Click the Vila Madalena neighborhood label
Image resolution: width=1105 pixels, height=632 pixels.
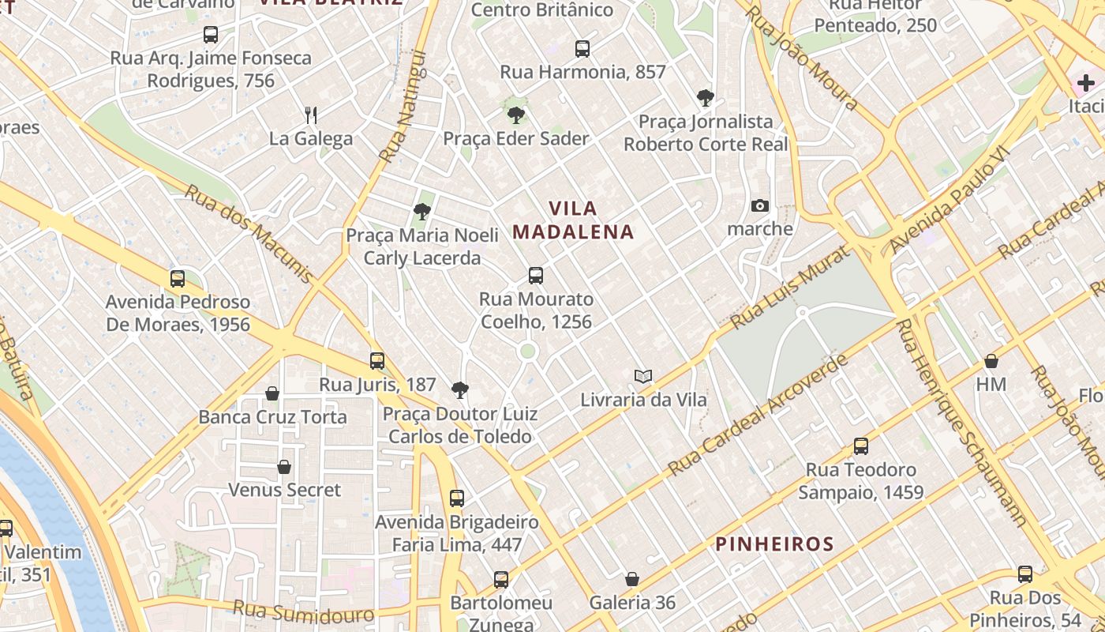(573, 220)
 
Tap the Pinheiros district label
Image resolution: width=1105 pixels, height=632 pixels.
(774, 544)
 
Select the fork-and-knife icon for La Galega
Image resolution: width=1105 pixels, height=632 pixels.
(311, 115)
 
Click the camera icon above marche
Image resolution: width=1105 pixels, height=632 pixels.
(759, 205)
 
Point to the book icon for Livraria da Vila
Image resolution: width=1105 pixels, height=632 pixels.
(644, 377)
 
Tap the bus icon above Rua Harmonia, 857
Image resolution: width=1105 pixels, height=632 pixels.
(582, 49)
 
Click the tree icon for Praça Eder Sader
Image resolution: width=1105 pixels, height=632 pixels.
(516, 115)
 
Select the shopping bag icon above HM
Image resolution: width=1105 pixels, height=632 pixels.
(991, 361)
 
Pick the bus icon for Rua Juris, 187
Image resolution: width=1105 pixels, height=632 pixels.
(377, 361)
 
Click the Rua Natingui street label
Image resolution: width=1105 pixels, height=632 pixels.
(403, 107)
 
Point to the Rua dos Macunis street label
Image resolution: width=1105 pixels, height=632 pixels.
(249, 234)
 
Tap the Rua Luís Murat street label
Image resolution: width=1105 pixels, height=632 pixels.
(791, 288)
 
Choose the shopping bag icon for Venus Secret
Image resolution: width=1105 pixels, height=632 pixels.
(284, 467)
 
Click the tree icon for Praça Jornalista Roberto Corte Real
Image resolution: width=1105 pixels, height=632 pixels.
(706, 98)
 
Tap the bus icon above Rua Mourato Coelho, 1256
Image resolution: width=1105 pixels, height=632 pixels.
(536, 276)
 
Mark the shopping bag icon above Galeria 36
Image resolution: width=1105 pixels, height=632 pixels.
(631, 580)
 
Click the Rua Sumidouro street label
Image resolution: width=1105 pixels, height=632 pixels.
(304, 612)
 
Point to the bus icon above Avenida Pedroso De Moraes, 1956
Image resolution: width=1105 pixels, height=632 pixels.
(178, 279)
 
